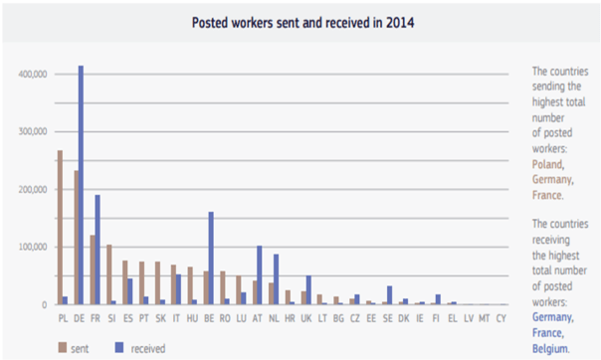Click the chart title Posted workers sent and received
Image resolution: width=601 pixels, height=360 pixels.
click(x=299, y=21)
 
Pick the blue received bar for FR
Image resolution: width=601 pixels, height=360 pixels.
click(x=97, y=250)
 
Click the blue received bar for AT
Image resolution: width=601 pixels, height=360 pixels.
click(x=259, y=274)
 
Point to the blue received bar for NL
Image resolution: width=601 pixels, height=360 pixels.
click(x=276, y=279)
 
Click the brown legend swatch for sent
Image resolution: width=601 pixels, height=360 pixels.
click(x=62, y=347)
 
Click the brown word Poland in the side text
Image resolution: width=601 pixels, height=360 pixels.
click(x=549, y=163)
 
